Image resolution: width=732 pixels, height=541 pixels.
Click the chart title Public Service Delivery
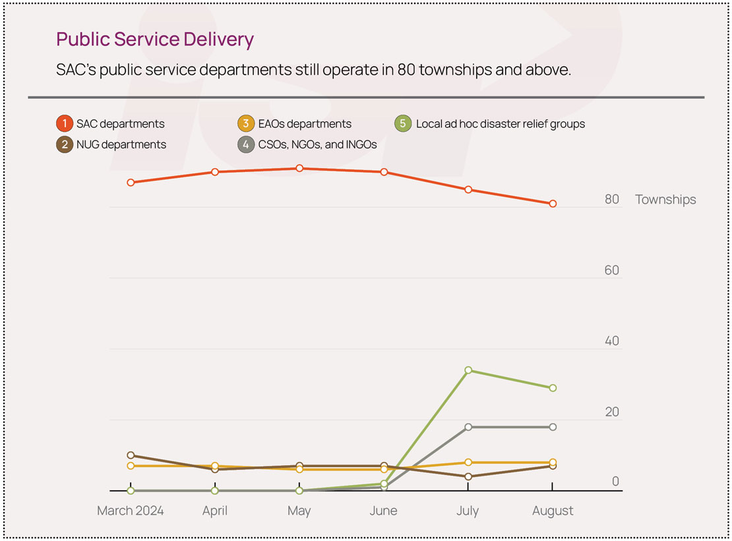155,40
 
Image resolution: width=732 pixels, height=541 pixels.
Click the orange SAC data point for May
299,169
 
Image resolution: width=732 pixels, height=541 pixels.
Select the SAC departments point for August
553,204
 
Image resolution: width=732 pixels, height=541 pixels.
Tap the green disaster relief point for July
468,370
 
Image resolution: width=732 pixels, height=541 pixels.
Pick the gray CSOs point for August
553,427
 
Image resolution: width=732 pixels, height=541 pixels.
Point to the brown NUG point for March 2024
131,455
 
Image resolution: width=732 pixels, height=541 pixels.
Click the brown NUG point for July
468,476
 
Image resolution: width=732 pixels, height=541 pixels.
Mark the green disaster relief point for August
553,388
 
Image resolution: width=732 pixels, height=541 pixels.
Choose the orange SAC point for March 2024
131,183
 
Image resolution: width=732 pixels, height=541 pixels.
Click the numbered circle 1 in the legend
65,124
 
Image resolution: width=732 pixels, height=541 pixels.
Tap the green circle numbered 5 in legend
403,124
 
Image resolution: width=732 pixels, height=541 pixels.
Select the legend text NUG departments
121,144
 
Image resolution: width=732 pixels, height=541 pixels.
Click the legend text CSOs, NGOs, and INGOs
317,144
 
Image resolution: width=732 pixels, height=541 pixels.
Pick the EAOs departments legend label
305,124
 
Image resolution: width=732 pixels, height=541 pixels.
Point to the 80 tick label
612,200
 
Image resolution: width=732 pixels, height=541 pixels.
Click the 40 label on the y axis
612,341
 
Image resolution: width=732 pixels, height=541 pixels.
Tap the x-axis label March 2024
131,511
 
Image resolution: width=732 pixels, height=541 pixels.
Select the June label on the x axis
383,511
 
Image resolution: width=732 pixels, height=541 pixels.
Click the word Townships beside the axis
665,200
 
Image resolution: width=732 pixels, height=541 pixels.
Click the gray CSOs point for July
468,427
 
